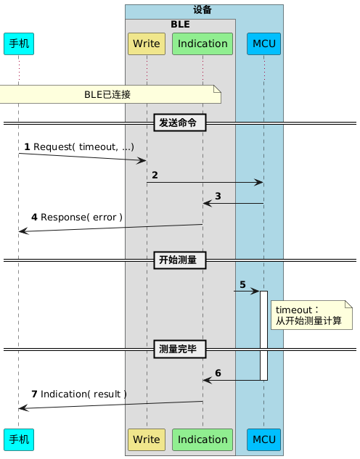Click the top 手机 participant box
coord(19,44)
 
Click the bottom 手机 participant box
coord(19,439)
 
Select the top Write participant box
coord(147,44)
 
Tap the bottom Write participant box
coord(147,439)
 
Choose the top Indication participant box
coord(202,44)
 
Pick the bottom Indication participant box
coord(202,439)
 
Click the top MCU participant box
coord(263,44)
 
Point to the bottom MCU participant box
coord(263,439)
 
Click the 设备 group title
coord(203,10)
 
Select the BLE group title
coord(180,25)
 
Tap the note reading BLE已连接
coord(107,94)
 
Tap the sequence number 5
coord(242,284)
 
